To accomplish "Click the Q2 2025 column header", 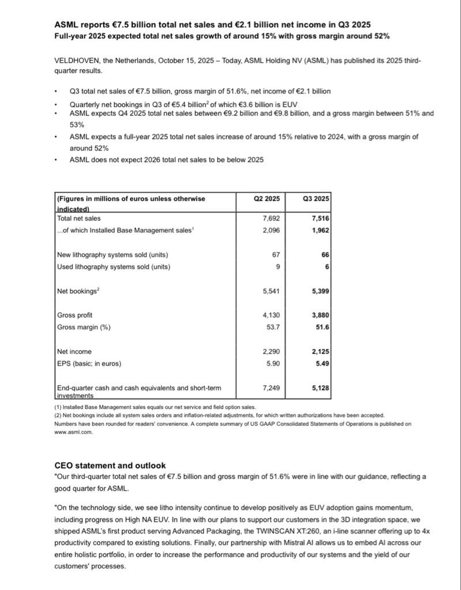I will point(267,199).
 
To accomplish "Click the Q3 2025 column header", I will point(316,199).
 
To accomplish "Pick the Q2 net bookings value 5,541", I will point(271,292).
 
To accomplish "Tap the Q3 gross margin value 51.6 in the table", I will point(322,327).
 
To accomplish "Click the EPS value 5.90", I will point(272,363).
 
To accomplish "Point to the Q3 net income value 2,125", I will point(320,351).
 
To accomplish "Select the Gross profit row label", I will point(75,316).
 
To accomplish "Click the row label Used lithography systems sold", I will point(114,267).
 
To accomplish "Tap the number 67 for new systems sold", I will point(275,255).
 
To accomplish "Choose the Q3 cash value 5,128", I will point(320,388).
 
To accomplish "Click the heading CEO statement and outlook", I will point(110,465).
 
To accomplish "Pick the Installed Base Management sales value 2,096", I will point(271,230).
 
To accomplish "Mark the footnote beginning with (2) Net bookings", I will point(219,415).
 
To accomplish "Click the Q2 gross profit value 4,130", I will point(271,316).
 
